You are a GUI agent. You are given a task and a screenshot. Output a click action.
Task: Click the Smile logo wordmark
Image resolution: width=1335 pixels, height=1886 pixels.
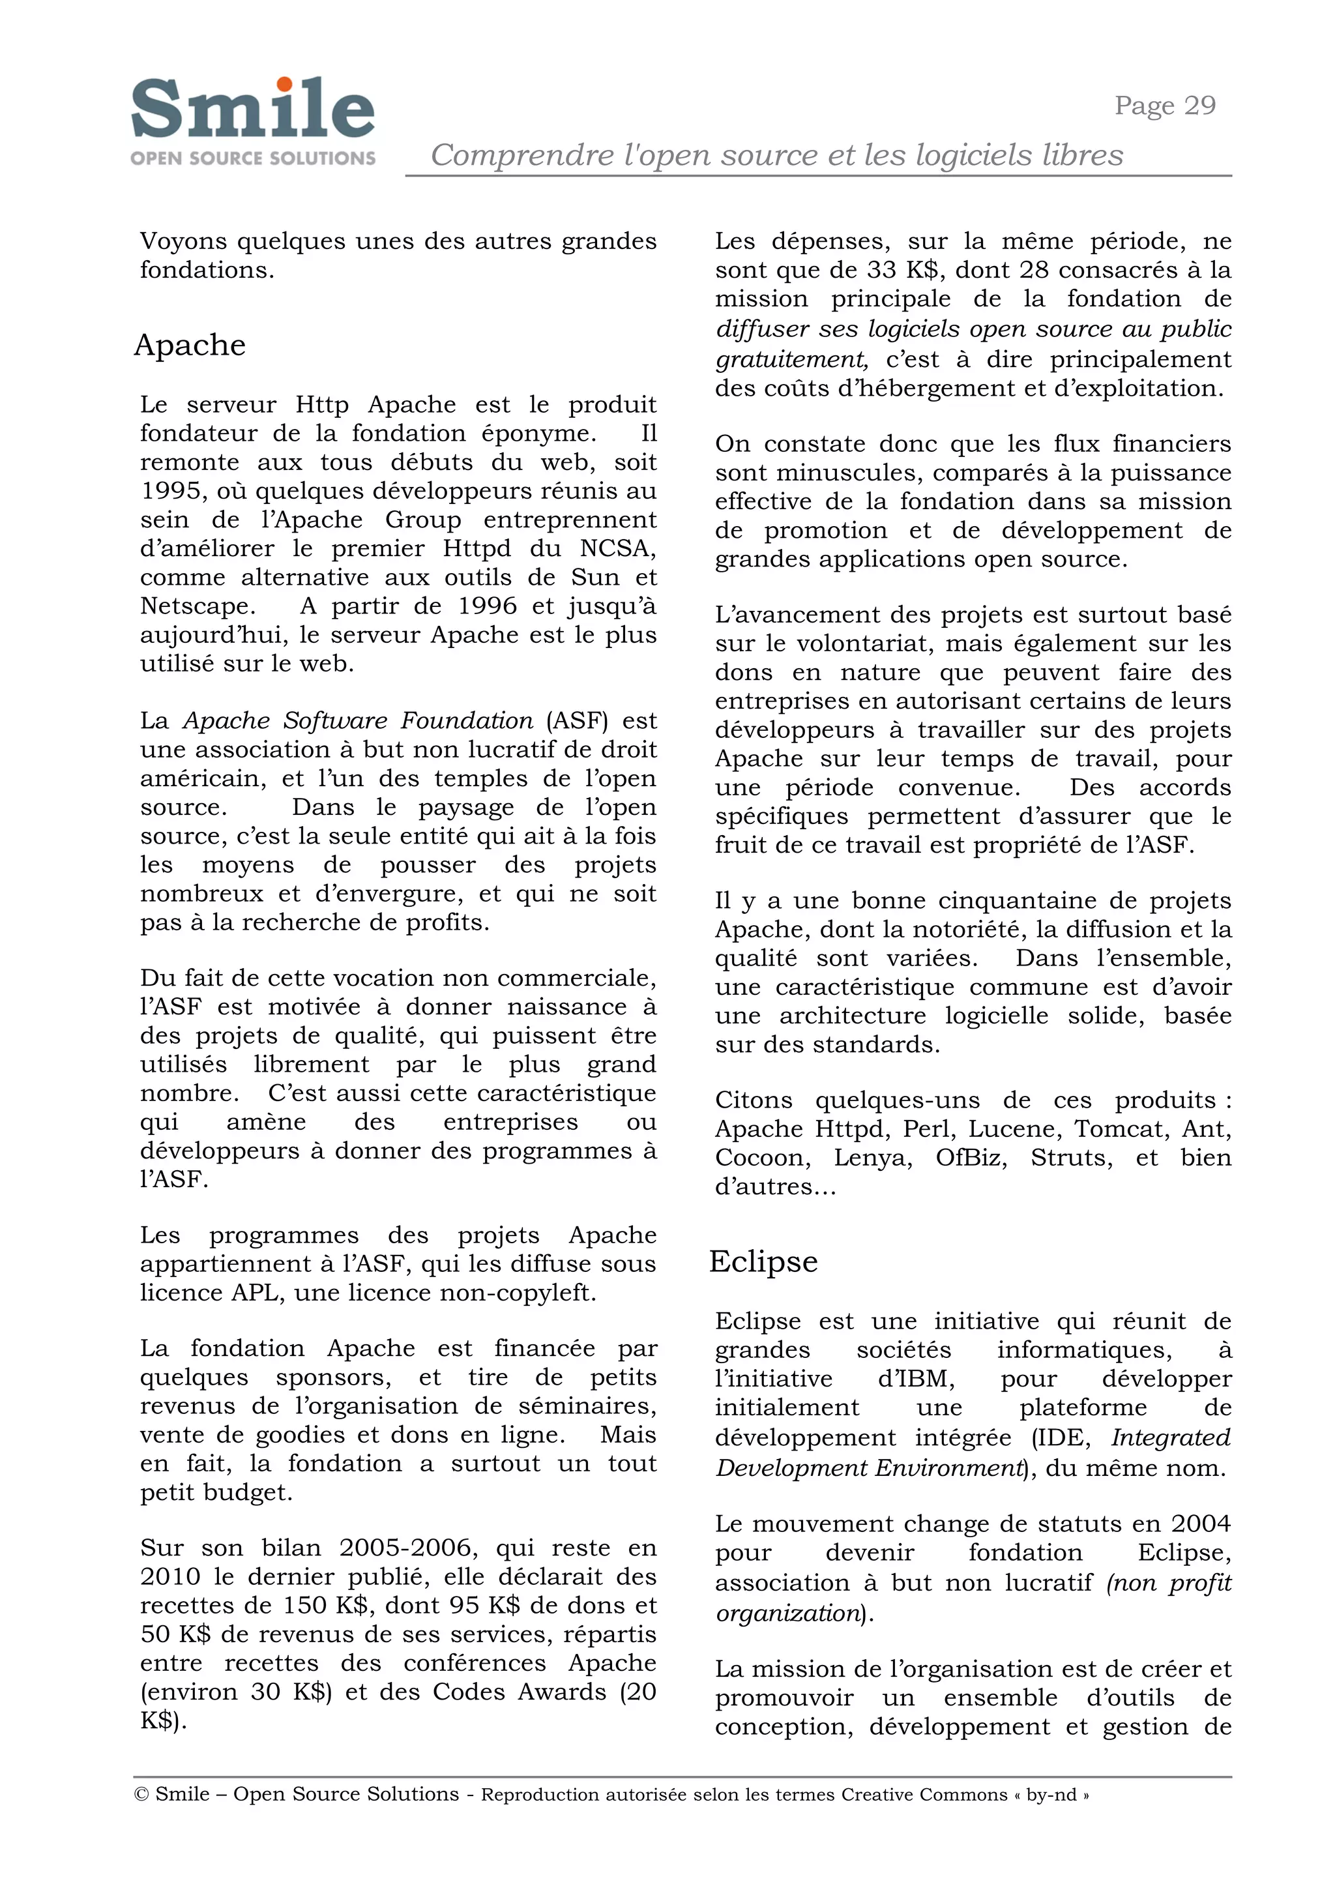coord(252,110)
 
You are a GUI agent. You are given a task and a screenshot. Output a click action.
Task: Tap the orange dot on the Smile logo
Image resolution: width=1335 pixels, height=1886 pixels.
coord(284,84)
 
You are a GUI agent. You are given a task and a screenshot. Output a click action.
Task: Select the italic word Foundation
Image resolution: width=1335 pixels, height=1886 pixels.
coord(467,720)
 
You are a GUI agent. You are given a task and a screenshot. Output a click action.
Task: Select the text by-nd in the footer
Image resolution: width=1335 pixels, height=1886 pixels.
coord(1051,1795)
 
